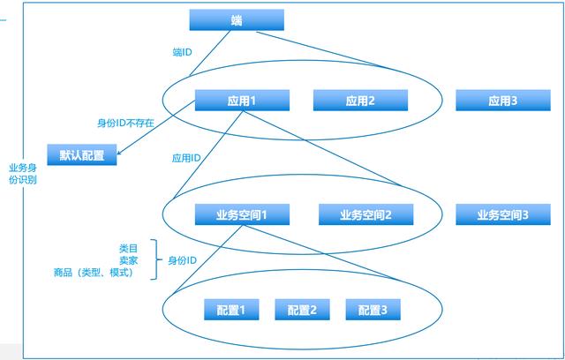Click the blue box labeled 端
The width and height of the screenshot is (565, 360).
tap(237, 20)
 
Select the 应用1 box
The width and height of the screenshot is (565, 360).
tap(237, 101)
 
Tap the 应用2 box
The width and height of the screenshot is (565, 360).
tap(361, 101)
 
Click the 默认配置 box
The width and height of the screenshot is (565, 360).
tap(82, 154)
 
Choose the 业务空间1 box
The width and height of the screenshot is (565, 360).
tap(241, 214)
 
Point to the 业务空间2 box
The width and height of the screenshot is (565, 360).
tap(365, 214)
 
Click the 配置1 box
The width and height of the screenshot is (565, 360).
tap(231, 310)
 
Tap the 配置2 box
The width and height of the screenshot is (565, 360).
tap(302, 310)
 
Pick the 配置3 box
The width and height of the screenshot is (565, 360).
tap(373, 310)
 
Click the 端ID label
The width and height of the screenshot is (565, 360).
tap(184, 52)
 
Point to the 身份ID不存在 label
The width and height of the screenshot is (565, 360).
tap(125, 124)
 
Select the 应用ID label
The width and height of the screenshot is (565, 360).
tap(185, 158)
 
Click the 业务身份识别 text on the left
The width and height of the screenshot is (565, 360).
tap(23, 173)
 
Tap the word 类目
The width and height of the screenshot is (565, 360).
tap(130, 248)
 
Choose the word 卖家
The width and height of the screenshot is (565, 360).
tap(130, 260)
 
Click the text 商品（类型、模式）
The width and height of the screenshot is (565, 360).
tap(93, 273)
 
